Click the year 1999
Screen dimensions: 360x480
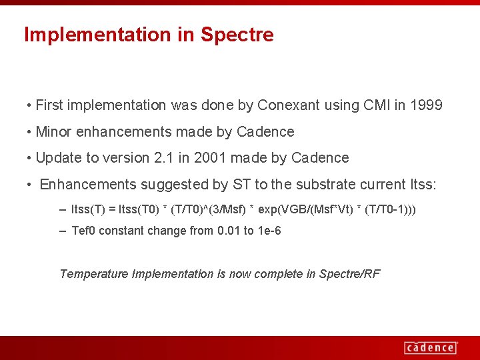[427, 105]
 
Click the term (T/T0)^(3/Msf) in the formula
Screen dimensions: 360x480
[207, 209]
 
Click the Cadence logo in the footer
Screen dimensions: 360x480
[431, 347]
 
